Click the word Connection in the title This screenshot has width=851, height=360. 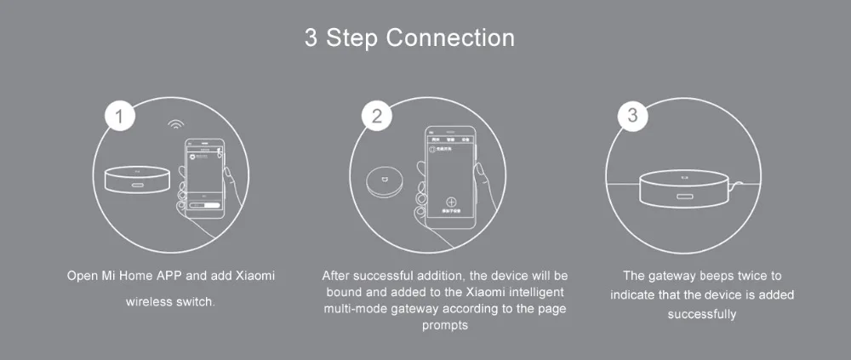pyautogui.click(x=450, y=38)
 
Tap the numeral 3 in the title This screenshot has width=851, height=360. pyautogui.click(x=311, y=38)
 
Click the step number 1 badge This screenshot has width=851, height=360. pyautogui.click(x=122, y=117)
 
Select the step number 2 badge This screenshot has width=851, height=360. pyautogui.click(x=376, y=117)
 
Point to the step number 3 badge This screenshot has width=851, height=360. pyautogui.click(x=631, y=117)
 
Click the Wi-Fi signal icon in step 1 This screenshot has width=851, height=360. pyautogui.click(x=176, y=124)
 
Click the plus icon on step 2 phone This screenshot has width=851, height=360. pyautogui.click(x=451, y=205)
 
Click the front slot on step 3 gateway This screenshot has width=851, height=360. pyautogui.click(x=685, y=198)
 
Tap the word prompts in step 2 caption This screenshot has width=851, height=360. pyautogui.click(x=445, y=325)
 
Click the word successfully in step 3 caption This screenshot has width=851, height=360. pyautogui.click(x=701, y=314)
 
